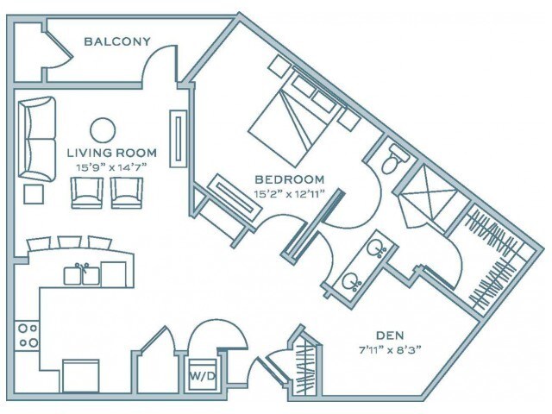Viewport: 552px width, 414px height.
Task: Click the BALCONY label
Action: (x=117, y=41)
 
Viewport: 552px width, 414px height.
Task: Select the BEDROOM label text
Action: (x=289, y=181)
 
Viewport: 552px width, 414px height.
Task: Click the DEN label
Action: (x=390, y=336)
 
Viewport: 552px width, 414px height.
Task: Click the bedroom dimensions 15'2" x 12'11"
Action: (x=289, y=194)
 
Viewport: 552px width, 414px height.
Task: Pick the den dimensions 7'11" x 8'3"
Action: (x=390, y=349)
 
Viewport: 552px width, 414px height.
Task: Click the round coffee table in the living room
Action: (x=103, y=129)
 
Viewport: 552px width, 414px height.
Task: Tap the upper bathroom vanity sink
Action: (x=377, y=250)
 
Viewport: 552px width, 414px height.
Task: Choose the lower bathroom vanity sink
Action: (x=350, y=280)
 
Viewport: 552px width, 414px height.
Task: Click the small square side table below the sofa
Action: (x=34, y=193)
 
